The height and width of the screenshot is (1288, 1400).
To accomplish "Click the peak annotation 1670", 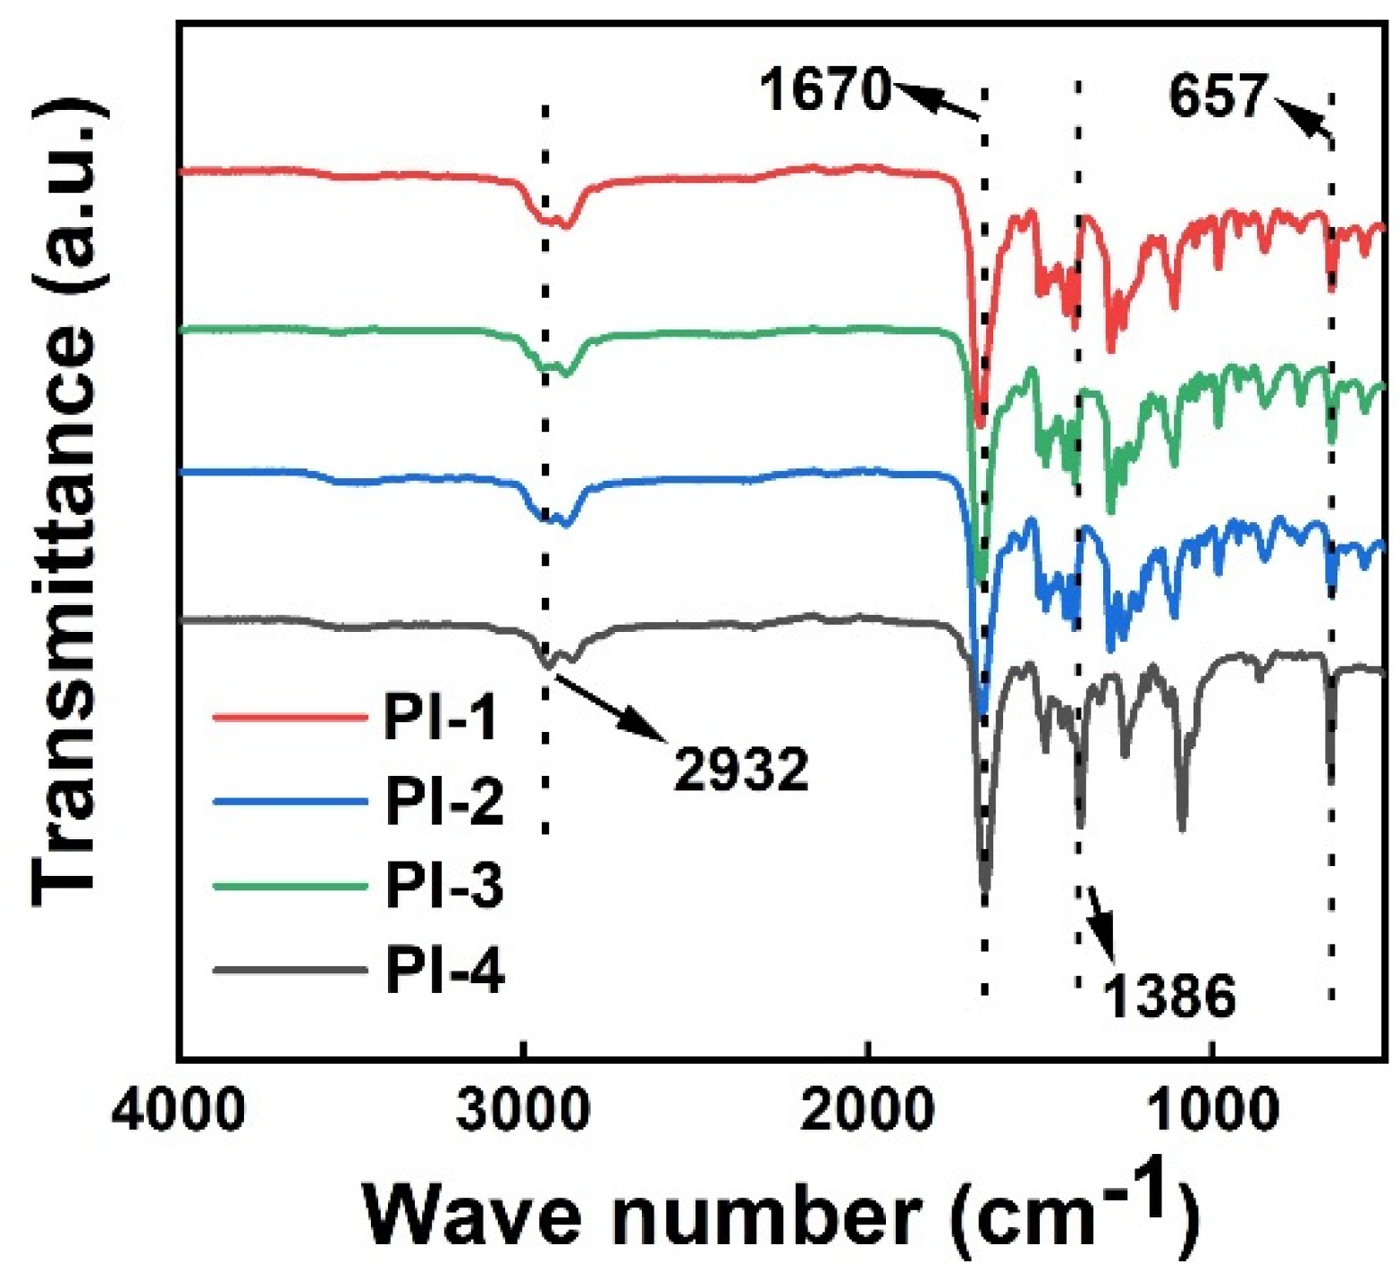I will (x=825, y=89).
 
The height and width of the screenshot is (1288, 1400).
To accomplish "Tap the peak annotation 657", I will (x=1218, y=96).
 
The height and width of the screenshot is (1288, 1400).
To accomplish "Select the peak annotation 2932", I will (x=740, y=769).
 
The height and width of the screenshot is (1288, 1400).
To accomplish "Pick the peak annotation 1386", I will (x=1169, y=995).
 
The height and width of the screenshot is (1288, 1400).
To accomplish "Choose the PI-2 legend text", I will (x=444, y=800).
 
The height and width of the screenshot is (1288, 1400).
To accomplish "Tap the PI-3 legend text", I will (x=444, y=885).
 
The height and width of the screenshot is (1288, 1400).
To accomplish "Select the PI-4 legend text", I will (x=444, y=969).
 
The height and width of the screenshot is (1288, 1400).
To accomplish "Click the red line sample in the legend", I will (x=290, y=717).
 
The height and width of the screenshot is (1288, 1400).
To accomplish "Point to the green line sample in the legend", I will (x=290, y=886).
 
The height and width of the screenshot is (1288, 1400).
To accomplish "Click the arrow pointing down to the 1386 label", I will (x=1101, y=924).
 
